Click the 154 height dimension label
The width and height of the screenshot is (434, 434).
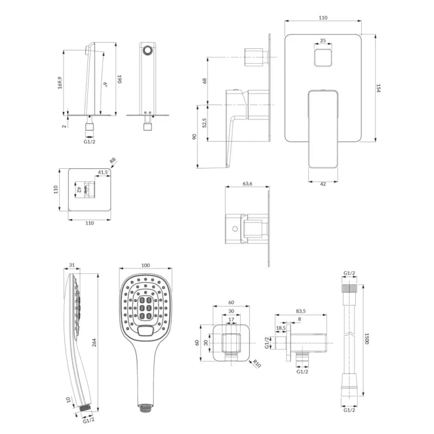(x=378, y=88)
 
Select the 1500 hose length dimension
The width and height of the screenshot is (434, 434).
(x=367, y=339)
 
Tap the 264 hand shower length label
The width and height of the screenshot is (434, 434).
(x=94, y=342)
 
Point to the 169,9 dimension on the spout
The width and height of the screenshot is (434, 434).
(x=60, y=82)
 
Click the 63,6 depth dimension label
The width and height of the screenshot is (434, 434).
(x=247, y=183)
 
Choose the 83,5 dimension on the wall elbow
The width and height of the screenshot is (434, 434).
(x=301, y=311)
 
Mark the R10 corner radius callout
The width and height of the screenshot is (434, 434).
(x=257, y=363)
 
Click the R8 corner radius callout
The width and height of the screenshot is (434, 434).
(x=113, y=161)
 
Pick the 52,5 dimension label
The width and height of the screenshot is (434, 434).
(x=205, y=123)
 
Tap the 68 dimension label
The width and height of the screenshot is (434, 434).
(x=205, y=81)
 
